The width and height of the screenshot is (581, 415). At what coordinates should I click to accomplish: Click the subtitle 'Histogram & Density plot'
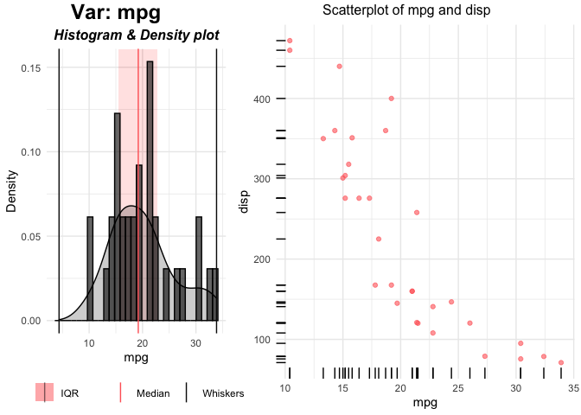136,35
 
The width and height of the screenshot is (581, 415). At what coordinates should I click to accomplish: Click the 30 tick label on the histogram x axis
196,343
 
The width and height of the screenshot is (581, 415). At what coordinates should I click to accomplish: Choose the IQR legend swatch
44,393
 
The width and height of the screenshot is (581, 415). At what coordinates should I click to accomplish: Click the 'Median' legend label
153,393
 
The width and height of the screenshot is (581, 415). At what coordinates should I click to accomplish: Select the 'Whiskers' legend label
223,393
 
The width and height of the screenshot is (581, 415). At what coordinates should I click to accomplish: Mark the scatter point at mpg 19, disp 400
392,99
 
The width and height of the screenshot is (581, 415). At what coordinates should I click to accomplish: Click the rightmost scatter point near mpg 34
561,362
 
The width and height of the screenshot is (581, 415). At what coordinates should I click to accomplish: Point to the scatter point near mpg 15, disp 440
340,67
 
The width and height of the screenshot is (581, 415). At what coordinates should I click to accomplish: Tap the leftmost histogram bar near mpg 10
90,269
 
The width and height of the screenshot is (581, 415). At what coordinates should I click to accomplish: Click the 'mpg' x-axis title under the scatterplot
425,403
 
